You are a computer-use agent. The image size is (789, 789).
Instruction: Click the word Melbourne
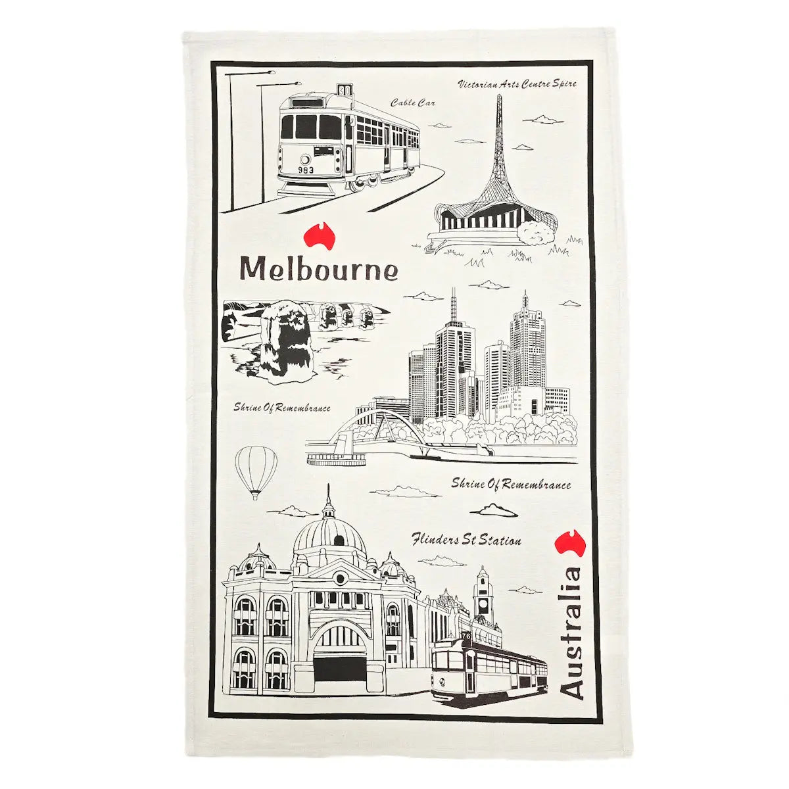[x=319, y=268]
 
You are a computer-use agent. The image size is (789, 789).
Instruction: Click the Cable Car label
[x=412, y=103]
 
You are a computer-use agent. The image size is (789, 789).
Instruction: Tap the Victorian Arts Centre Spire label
[x=517, y=84]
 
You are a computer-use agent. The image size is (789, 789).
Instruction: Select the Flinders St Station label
[x=466, y=540]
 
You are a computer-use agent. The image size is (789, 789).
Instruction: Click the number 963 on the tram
[x=305, y=170]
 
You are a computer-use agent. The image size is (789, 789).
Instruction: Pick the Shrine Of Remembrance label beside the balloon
[x=282, y=408]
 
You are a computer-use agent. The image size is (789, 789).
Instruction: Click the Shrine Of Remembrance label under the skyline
[x=511, y=485]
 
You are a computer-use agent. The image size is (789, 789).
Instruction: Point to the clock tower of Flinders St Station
[x=483, y=595]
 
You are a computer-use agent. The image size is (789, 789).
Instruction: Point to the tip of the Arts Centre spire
[x=499, y=97]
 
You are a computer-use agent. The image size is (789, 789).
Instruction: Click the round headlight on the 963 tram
[x=304, y=159]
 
